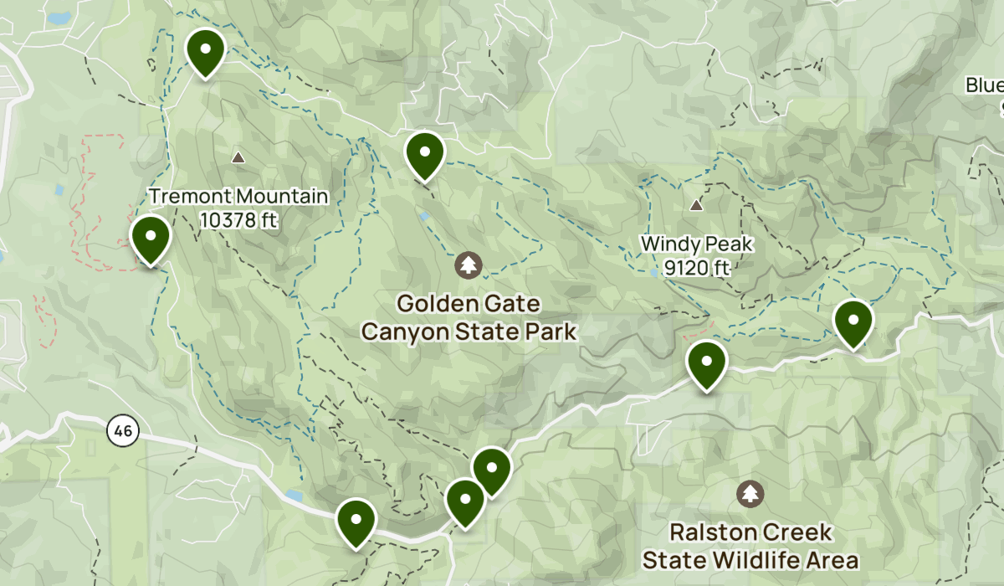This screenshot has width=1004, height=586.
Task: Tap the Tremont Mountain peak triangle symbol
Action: [238, 157]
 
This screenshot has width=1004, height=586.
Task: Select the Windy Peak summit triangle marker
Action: [696, 205]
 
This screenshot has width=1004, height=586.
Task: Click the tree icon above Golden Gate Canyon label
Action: [469, 266]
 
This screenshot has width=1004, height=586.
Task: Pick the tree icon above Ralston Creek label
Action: [750, 493]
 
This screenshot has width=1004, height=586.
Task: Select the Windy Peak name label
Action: [698, 245]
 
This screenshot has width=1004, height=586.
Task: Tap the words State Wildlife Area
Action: [750, 559]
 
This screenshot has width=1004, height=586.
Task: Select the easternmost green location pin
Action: [853, 319]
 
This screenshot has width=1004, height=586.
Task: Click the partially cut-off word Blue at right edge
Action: [985, 85]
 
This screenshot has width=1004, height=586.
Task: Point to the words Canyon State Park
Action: [469, 332]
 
